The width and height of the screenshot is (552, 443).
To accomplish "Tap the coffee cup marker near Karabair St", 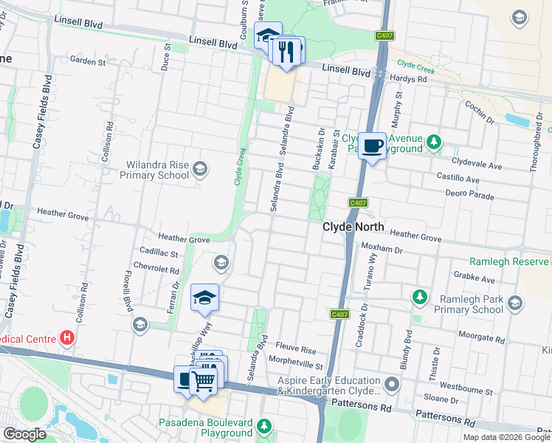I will [372, 146].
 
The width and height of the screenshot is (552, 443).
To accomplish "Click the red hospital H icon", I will [67, 338].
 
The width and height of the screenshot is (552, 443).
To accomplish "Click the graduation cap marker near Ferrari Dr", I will [204, 298].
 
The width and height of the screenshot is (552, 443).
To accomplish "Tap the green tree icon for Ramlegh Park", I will [419, 297].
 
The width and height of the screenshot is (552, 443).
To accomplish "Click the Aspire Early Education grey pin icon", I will [392, 385].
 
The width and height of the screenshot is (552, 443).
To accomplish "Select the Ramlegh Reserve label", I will [510, 262].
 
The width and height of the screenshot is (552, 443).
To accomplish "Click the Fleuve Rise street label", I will [295, 348].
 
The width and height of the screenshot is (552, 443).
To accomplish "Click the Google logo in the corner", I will [24, 434].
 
